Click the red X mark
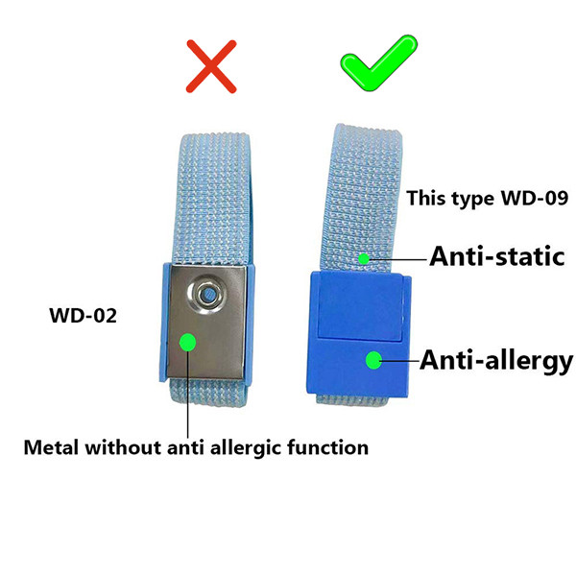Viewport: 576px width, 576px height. (x=211, y=66)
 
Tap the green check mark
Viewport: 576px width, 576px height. (x=379, y=63)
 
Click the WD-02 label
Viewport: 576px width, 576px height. (x=83, y=316)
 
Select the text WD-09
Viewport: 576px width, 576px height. (x=535, y=198)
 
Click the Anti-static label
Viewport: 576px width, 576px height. (x=497, y=256)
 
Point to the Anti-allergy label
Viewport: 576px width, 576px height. (x=496, y=361)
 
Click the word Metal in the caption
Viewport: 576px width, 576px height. (x=51, y=447)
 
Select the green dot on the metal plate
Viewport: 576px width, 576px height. (x=188, y=343)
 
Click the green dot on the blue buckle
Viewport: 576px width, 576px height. (x=374, y=360)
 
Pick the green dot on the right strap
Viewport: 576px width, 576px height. (x=364, y=259)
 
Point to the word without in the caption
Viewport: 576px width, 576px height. (x=124, y=447)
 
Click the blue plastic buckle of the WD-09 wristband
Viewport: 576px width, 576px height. (x=358, y=334)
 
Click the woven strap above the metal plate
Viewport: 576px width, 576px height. (x=212, y=199)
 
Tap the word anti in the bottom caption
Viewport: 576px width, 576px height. (x=186, y=447)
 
